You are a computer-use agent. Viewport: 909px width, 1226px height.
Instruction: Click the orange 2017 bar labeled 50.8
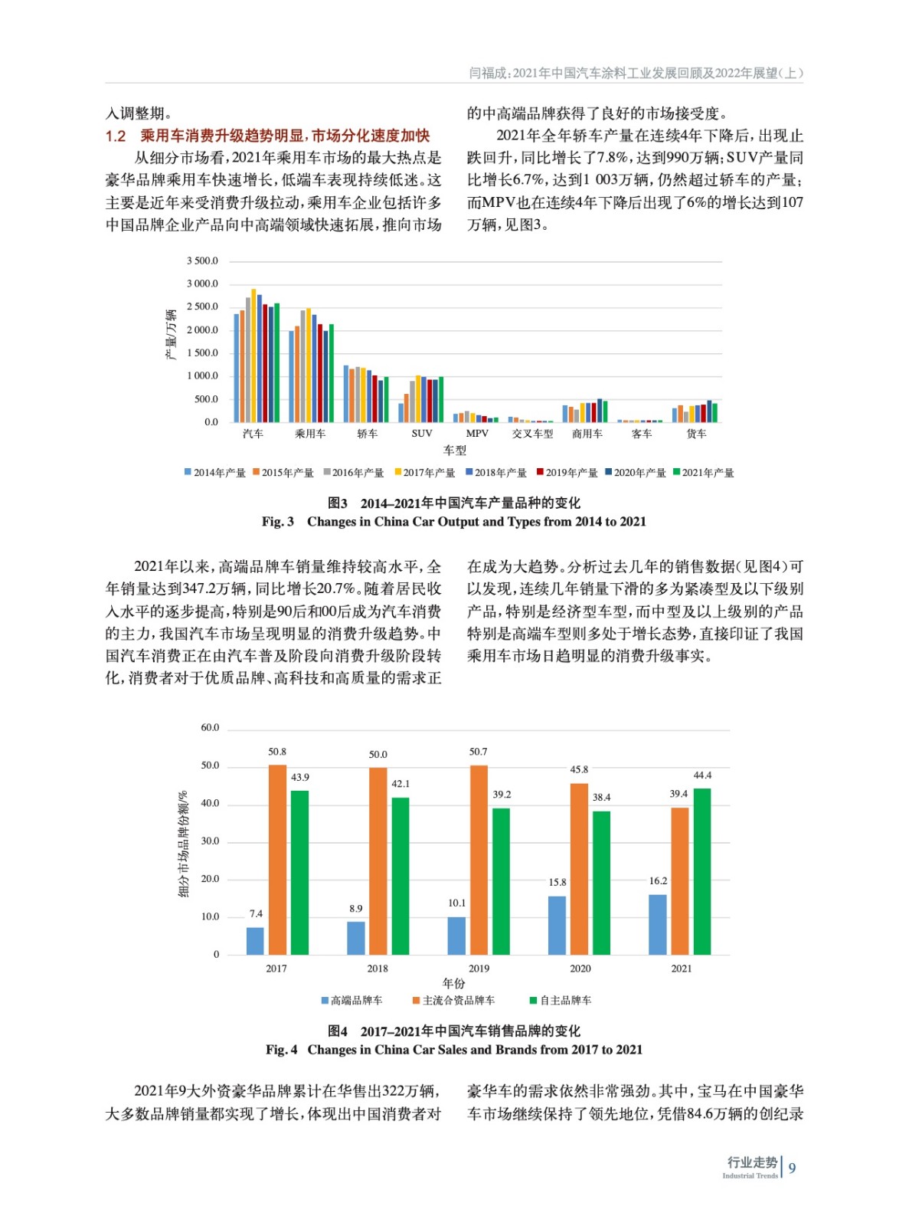click(277, 859)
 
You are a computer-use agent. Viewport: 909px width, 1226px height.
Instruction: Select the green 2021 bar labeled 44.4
click(701, 871)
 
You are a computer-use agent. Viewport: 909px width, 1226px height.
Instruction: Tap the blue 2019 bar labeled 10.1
click(456, 935)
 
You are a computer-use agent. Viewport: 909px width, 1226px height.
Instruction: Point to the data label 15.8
click(557, 883)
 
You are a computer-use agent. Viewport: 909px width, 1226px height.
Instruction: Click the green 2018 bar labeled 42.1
click(401, 876)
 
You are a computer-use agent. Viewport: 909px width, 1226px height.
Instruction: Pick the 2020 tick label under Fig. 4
click(580, 969)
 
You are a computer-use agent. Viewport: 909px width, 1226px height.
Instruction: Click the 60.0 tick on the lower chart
click(210, 727)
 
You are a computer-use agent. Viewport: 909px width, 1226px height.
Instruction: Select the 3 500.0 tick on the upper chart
click(202, 261)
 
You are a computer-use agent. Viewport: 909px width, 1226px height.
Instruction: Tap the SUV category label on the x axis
click(421, 434)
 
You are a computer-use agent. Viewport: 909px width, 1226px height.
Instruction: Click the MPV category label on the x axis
click(476, 434)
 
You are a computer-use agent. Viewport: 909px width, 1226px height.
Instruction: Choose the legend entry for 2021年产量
click(703, 473)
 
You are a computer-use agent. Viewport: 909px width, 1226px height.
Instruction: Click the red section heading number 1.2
click(116, 136)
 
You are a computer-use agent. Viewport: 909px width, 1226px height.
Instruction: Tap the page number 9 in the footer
click(792, 1168)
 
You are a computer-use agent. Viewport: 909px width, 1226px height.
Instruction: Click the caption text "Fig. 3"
click(277, 522)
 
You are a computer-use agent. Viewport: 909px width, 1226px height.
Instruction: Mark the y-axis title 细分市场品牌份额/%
click(183, 844)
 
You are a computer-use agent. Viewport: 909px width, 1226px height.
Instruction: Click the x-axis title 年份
click(453, 983)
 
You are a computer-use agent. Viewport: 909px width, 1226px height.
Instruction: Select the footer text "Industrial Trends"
click(749, 1175)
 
